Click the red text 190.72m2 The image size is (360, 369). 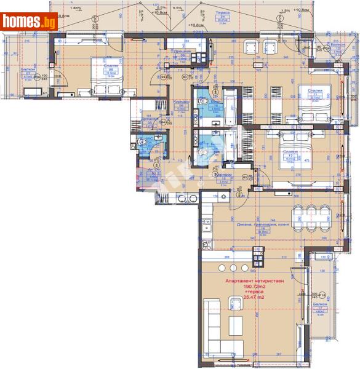253,287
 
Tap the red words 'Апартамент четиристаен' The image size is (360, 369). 253,280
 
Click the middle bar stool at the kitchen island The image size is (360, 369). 233,268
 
